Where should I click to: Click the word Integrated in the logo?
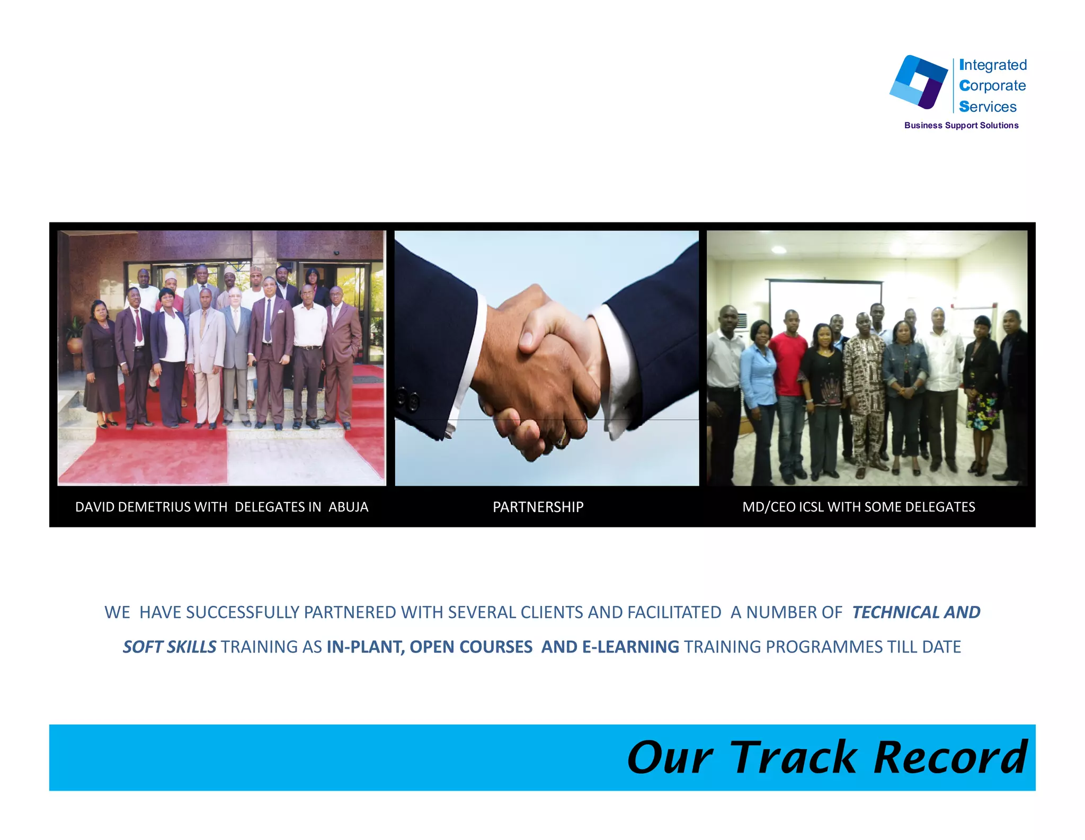click(x=993, y=65)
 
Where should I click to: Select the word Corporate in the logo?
click(x=992, y=85)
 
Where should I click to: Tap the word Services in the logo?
click(x=988, y=106)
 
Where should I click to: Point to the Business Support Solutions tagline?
click(x=961, y=126)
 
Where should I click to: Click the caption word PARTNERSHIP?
click(x=538, y=507)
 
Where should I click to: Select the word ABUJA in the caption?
click(x=348, y=507)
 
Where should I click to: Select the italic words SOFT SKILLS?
click(x=170, y=647)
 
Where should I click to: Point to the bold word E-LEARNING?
click(x=630, y=647)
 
